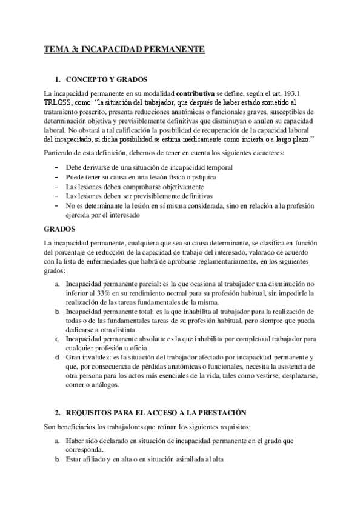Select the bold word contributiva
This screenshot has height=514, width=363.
pos(195,93)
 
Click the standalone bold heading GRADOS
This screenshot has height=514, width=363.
pos(59,230)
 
